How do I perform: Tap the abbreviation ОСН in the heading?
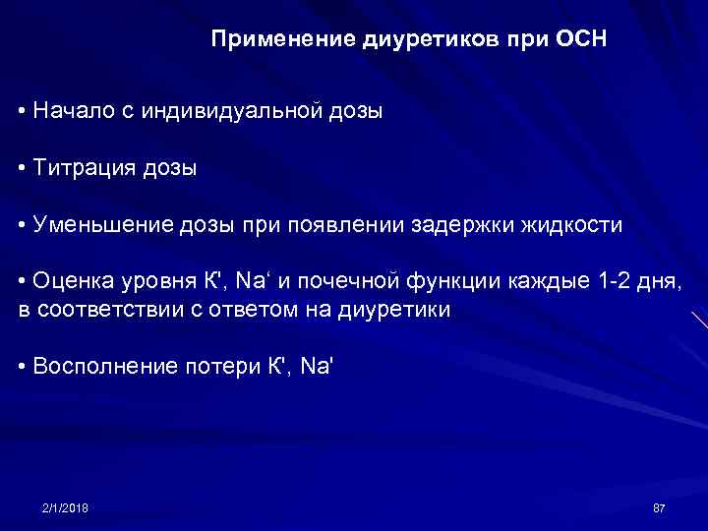pos(582,41)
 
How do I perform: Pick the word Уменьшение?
pos(101,225)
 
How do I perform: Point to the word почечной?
pos(387,282)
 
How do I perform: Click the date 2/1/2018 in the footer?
pos(65,507)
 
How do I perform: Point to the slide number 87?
pos(659,507)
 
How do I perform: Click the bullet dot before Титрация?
pos(22,168)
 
